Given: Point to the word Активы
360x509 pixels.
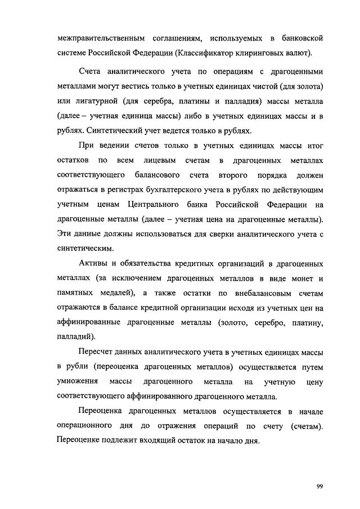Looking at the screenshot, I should (x=93, y=264).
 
